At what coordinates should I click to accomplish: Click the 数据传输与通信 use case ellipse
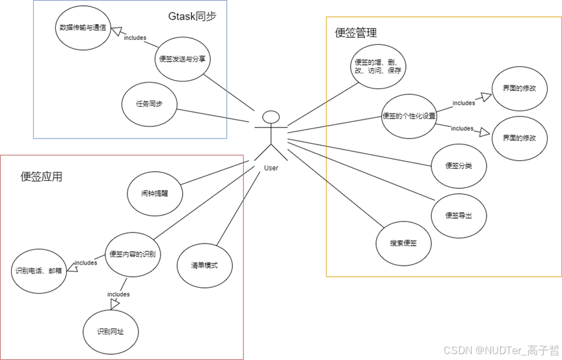pyautogui.click(x=84, y=29)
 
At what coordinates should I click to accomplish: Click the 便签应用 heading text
pyautogui.click(x=42, y=176)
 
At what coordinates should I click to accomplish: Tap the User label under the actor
pyautogui.click(x=271, y=168)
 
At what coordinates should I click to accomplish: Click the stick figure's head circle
pyautogui.click(x=271, y=117)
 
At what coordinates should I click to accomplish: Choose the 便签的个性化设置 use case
pyautogui.click(x=408, y=117)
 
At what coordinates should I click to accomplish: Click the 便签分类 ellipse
pyautogui.click(x=459, y=165)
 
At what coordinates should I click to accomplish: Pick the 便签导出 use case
pyautogui.click(x=459, y=215)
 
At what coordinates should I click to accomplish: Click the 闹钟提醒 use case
pyautogui.click(x=155, y=193)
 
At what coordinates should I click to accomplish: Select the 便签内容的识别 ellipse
pyautogui.click(x=133, y=254)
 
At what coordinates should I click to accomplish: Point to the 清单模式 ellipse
pyautogui.click(x=204, y=266)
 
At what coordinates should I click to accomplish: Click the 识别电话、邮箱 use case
pyautogui.click(x=39, y=270)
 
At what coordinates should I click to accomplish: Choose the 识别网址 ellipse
pyautogui.click(x=111, y=331)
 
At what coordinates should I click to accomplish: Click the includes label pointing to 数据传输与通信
pyautogui.click(x=135, y=37)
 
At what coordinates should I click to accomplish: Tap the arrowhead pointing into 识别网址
pyautogui.click(x=115, y=304)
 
